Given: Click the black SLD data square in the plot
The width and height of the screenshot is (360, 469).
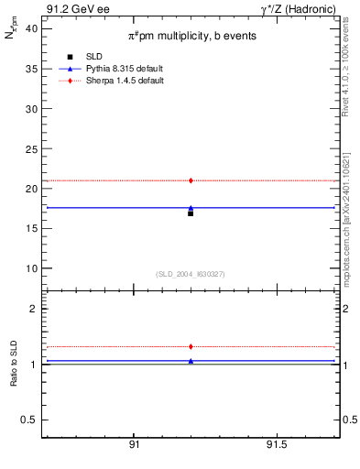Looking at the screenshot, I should tap(191, 213).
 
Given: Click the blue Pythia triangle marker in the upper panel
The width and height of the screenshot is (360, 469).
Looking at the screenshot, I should tap(191, 208).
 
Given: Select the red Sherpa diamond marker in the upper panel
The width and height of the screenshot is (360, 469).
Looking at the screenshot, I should tap(191, 180).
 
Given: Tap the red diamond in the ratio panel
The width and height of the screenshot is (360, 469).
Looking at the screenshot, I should tap(191, 346).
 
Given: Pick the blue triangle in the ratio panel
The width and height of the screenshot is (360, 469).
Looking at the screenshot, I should tap(191, 361).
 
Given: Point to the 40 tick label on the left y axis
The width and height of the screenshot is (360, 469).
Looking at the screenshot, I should tap(31, 28).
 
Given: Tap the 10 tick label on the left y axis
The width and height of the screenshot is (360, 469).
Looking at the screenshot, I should tap(31, 268).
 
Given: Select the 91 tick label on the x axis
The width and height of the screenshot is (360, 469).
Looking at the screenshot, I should tap(135, 444).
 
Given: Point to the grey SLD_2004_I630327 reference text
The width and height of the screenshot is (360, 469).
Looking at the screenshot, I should tap(191, 274).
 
